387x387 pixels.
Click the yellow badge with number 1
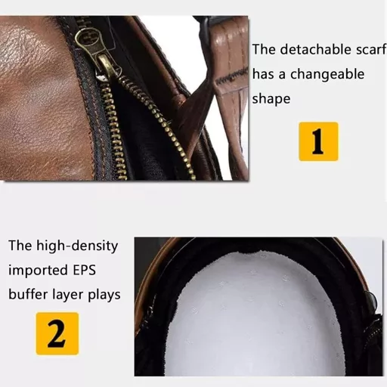coord(318,141)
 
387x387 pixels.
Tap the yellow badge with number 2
coord(57,333)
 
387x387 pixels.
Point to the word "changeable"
coord(327,74)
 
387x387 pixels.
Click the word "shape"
coord(271,99)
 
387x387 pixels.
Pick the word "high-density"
coord(77,246)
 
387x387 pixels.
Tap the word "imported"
coord(39,270)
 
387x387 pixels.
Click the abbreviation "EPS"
coord(85,270)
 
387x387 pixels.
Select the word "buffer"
coord(28,294)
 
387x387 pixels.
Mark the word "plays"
coord(104,295)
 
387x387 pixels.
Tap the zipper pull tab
coord(108,66)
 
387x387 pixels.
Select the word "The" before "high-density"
coord(20,246)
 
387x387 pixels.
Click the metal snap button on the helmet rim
coord(370,300)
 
